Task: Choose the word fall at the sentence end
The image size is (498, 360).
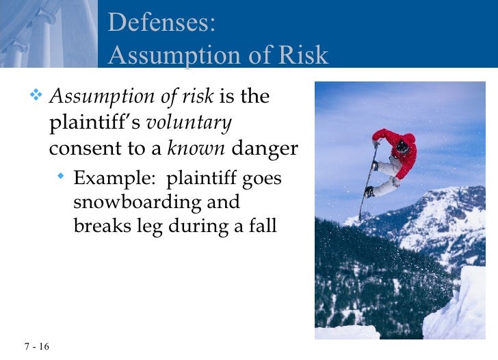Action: pos(263,226)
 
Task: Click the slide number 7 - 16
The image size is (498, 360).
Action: pos(27,346)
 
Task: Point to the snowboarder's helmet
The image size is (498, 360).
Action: pos(402,146)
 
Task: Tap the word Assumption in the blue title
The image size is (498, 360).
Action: pos(176,56)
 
